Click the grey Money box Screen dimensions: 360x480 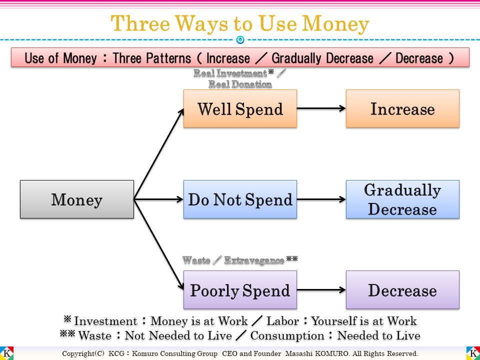point(77,199)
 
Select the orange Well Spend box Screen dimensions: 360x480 point(240,109)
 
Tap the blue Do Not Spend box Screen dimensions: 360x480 point(240,199)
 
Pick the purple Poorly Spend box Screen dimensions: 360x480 point(240,290)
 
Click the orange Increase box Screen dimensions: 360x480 point(402,109)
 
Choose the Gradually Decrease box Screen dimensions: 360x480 point(402,199)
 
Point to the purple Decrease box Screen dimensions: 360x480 point(402,290)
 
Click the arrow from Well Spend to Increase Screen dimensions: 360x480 point(321,109)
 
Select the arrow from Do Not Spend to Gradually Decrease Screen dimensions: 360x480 point(321,199)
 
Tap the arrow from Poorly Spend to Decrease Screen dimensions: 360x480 point(321,290)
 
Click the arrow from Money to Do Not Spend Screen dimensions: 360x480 point(159,199)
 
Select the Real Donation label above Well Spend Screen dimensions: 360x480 point(240,84)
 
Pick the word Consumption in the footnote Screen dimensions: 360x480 point(287,335)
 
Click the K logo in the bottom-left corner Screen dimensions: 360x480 point(7,353)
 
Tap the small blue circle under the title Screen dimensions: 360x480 point(240,39)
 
